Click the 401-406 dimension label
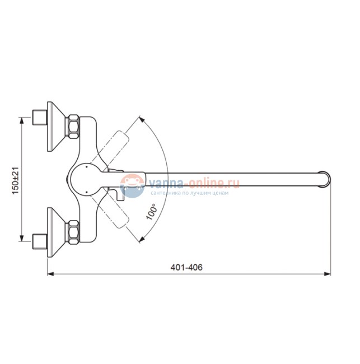[186, 267]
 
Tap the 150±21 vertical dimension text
[15, 181]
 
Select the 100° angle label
[151, 212]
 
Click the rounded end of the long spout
[325, 179]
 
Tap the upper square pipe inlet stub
[40, 117]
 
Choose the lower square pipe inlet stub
[40, 242]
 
